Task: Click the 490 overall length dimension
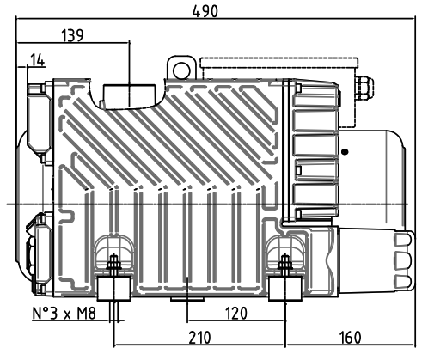pyautogui.click(x=205, y=11)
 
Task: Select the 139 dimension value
pyautogui.click(x=73, y=35)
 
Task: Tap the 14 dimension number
pyautogui.click(x=38, y=60)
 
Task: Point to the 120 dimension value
pyautogui.click(x=236, y=314)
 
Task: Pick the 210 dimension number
pyautogui.click(x=199, y=338)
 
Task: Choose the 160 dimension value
pyautogui.click(x=350, y=338)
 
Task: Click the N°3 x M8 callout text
pyautogui.click(x=64, y=314)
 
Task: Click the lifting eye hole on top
pyautogui.click(x=181, y=70)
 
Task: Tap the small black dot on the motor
pyautogui.click(x=345, y=152)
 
